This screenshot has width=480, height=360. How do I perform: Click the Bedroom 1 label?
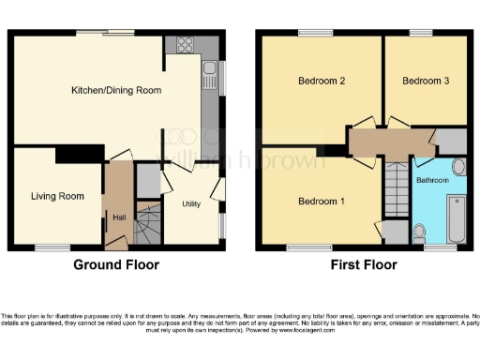pos(321,202)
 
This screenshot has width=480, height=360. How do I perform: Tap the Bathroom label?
pos(432,178)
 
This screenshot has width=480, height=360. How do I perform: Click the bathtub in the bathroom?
pos(457,218)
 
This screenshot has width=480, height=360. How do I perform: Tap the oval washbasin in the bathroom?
pos(457,169)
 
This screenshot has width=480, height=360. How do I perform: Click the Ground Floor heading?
pos(116,265)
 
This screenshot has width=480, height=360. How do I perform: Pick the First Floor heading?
pos(364,265)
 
